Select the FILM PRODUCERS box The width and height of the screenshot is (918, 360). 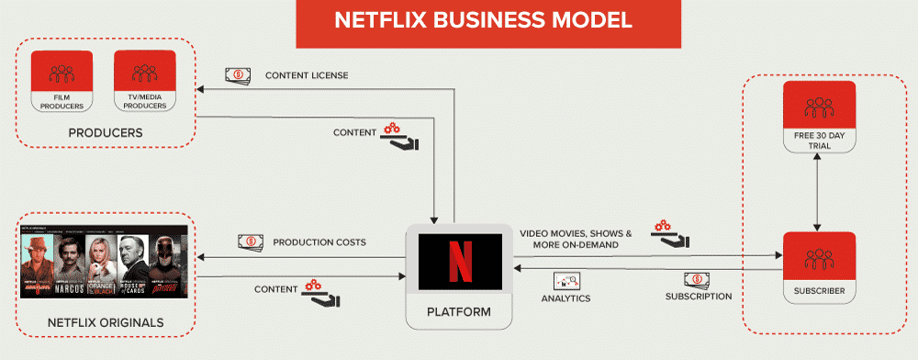tap(62, 81)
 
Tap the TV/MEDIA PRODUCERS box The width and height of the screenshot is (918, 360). tap(145, 81)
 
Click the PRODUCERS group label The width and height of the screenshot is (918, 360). tap(105, 133)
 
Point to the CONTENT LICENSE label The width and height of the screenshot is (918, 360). tap(307, 75)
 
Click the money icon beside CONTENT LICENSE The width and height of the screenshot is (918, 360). tap(241, 75)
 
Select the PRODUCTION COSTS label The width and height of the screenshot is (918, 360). tap(319, 242)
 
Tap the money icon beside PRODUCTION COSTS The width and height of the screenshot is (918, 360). tap(251, 242)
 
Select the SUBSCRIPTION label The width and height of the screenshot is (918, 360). tap(699, 297)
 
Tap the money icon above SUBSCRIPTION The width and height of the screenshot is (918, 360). tap(696, 279)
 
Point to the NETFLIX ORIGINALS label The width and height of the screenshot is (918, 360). tap(106, 322)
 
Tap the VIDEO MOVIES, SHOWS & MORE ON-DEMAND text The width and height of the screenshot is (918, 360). tap(576, 239)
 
